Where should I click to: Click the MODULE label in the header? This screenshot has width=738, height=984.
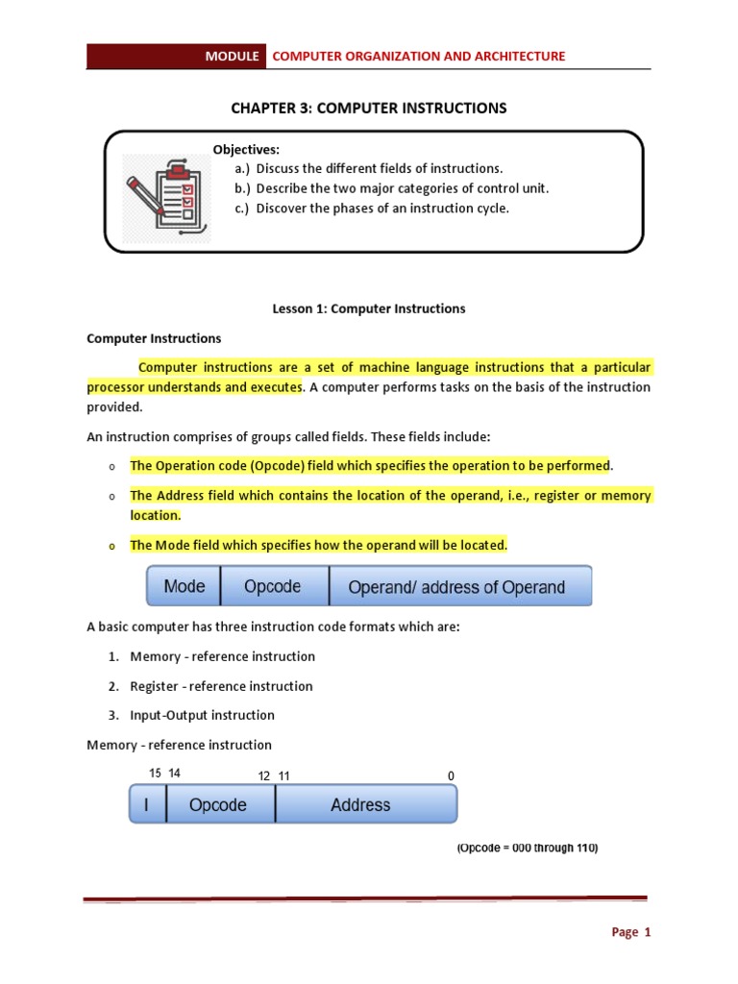coord(232,57)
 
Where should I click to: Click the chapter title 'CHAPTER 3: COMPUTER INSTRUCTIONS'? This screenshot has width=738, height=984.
coord(368,108)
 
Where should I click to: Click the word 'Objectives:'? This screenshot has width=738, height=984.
coord(246,149)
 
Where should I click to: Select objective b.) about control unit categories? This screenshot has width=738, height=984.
coord(391,188)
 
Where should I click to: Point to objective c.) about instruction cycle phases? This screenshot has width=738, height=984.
coord(371,208)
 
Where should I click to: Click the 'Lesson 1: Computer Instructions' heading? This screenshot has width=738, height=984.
coord(369,308)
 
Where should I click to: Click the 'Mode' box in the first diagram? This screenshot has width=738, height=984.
coord(184,586)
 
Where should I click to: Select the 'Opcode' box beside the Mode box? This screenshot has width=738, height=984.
coord(273,586)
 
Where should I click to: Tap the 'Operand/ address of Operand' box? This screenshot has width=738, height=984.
coord(456,587)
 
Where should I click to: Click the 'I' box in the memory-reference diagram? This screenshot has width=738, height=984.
coord(147,805)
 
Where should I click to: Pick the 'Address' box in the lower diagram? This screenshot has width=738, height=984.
coord(360,805)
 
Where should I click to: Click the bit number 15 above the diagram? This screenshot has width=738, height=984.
coord(156,773)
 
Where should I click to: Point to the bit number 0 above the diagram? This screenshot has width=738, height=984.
coord(451,775)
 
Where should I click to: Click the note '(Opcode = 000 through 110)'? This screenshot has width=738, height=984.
coord(527,849)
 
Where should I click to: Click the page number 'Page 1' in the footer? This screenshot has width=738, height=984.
coord(631,932)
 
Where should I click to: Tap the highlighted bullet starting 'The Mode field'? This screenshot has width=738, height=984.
coord(318,545)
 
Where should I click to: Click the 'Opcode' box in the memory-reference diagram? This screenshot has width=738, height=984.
coord(218,805)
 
